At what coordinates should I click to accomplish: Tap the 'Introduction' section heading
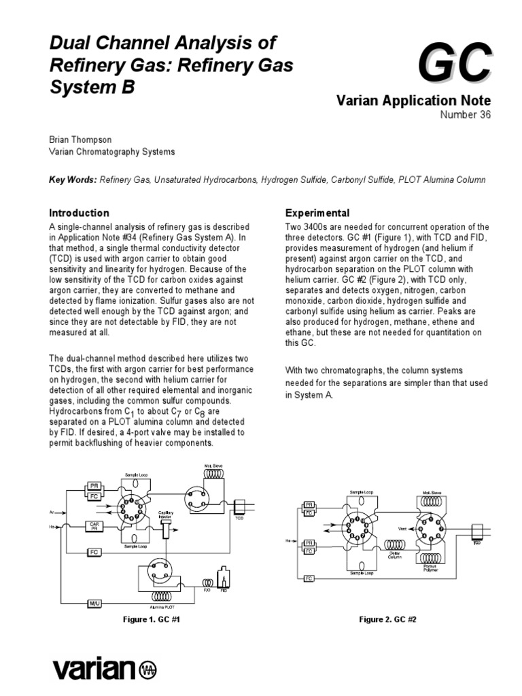pyautogui.click(x=79, y=213)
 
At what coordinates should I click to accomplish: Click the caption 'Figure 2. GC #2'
pyautogui.click(x=386, y=620)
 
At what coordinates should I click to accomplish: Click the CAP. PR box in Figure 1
pyautogui.click(x=94, y=525)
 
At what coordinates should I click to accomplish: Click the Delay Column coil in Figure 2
pyautogui.click(x=398, y=546)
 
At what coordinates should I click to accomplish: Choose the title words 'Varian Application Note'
pyautogui.click(x=413, y=101)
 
